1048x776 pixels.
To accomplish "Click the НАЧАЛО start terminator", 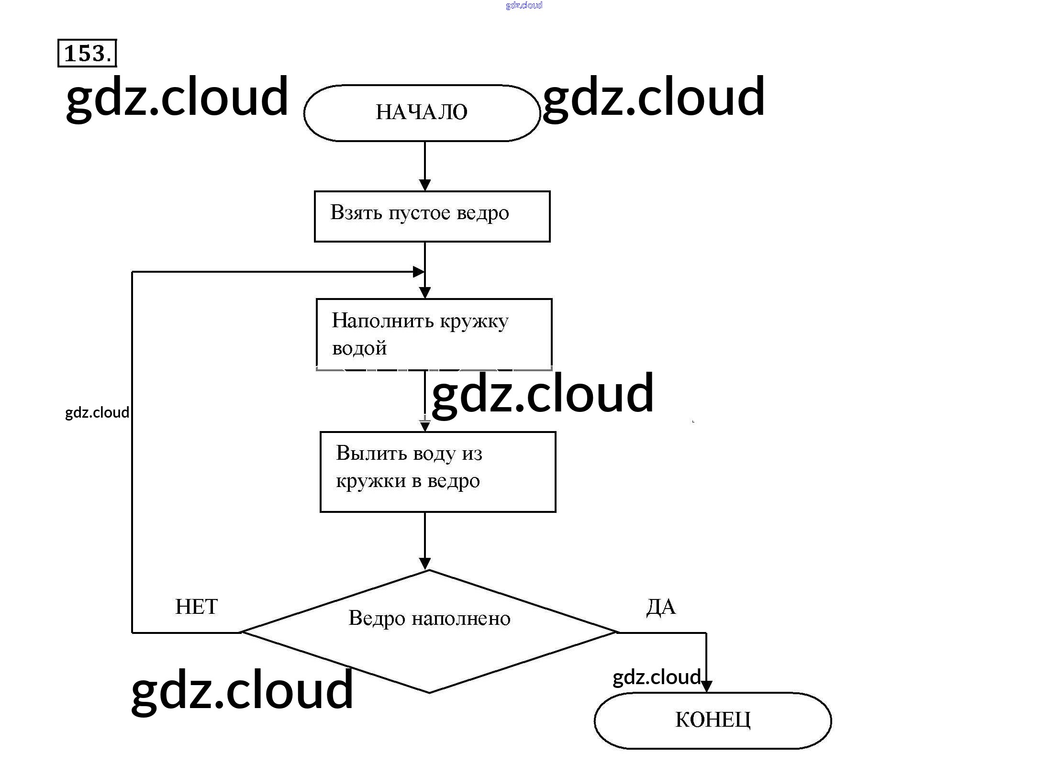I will (422, 113).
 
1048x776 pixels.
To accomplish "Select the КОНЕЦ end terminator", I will (713, 720).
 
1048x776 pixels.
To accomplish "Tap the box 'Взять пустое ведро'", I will (432, 216).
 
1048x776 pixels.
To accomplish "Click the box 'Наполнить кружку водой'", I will (434, 334).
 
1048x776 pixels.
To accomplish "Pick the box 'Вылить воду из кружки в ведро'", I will (438, 472).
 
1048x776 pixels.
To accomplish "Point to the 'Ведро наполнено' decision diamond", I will (429, 632).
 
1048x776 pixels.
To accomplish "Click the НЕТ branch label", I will (196, 607).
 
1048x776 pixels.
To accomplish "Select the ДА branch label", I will (661, 607).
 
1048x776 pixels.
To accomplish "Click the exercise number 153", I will (87, 53).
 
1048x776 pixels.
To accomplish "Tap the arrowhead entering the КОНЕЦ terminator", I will (706, 686).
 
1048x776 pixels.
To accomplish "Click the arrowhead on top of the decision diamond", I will (425, 563).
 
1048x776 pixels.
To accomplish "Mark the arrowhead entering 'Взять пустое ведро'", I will (425, 185).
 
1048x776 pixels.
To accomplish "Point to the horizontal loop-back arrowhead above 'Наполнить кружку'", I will (418, 272).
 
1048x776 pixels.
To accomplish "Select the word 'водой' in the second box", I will (359, 348).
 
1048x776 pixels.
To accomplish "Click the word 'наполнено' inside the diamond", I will (461, 619).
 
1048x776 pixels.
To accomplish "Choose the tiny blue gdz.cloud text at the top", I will (524, 5).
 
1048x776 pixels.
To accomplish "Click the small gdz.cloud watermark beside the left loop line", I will (97, 412).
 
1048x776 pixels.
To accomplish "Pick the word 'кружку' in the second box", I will (474, 321).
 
